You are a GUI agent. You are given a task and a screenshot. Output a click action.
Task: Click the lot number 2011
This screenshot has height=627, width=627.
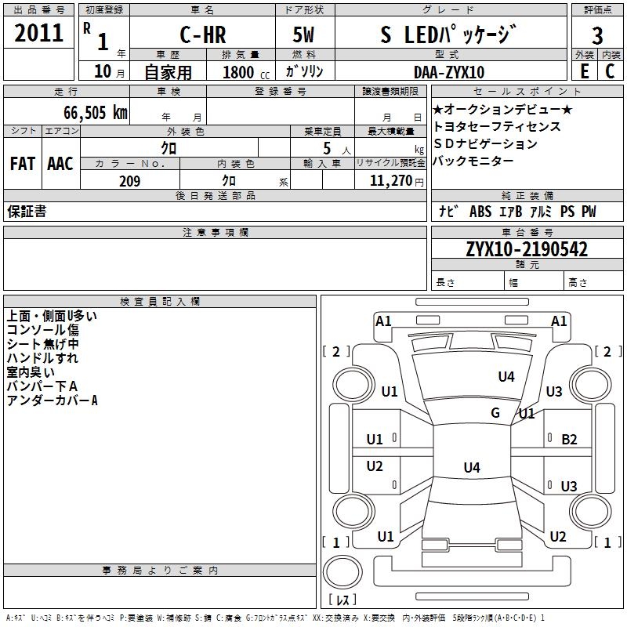[38, 33]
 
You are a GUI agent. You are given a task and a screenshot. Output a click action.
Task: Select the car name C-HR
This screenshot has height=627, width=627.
[203, 34]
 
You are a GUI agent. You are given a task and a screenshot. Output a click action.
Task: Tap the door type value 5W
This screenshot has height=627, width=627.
[303, 34]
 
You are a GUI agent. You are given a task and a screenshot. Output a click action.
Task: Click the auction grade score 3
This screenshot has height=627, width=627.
[597, 36]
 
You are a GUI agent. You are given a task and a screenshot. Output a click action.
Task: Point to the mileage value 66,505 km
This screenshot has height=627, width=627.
[96, 113]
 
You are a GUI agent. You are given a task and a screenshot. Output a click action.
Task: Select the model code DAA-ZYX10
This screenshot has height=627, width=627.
[449, 72]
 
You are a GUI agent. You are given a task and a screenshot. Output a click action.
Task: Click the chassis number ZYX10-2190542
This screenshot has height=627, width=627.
[527, 249]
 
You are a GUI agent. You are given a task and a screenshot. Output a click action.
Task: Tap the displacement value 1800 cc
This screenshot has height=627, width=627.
[246, 72]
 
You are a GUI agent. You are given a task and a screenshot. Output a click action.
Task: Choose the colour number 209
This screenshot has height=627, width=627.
[129, 181]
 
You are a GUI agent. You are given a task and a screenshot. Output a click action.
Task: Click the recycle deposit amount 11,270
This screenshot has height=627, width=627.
[390, 181]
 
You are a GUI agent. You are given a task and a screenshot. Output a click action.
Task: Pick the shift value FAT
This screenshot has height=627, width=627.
[23, 164]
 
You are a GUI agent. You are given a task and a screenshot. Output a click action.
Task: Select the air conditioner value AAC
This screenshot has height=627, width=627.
[60, 164]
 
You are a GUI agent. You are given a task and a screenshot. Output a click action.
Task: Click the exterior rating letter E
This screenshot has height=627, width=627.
[584, 71]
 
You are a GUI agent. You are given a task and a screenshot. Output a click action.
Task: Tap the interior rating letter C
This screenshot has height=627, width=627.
[610, 71]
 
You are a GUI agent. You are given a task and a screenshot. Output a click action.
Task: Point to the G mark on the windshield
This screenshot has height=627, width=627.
[495, 413]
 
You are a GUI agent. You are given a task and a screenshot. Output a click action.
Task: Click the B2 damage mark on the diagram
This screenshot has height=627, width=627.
[569, 440]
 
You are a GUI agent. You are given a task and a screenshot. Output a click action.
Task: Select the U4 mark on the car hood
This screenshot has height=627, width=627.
[506, 377]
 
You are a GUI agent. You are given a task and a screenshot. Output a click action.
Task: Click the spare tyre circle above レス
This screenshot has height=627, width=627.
[342, 572]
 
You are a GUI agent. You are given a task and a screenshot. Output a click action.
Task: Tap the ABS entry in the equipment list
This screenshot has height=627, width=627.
[480, 212]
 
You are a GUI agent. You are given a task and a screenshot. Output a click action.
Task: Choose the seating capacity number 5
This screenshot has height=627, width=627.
[327, 149]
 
